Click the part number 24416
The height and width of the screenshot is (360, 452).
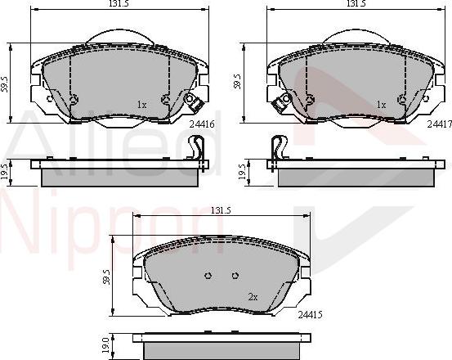coord(201,125)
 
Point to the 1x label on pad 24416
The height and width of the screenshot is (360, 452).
coord(141,105)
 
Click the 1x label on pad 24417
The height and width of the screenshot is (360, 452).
coord(381,105)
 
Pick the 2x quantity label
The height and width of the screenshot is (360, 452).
coord(253,297)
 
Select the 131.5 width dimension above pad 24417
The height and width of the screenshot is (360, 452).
coord(354,5)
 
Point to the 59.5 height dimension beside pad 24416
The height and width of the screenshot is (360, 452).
coord(5,83)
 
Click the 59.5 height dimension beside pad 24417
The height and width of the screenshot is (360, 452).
coord(238,82)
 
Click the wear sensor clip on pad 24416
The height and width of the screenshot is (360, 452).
coord(195,104)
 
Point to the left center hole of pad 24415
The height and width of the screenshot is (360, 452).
coord(208,275)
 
